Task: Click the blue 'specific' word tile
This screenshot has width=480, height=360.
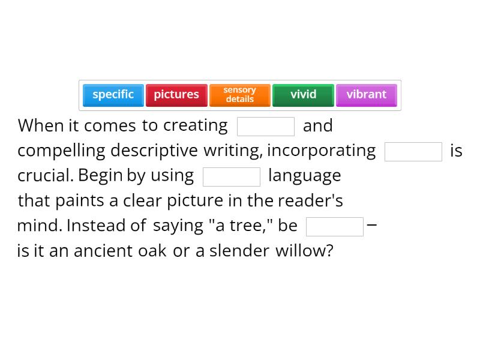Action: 113,95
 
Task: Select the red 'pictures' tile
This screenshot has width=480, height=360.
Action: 176,95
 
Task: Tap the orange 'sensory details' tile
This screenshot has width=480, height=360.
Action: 240,95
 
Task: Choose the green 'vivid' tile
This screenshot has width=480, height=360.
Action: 303,95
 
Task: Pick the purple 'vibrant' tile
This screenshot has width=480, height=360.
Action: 367,95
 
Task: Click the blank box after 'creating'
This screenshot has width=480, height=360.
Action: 266,127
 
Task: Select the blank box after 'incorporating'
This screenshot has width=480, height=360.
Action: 413,152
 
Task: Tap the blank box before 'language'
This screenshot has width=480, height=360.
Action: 232,177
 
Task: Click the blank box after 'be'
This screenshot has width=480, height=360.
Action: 335,227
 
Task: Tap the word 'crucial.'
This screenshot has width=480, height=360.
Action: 46,176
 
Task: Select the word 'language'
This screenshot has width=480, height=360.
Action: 304,176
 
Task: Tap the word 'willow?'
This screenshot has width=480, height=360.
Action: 304,250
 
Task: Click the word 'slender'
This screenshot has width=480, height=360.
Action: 239,250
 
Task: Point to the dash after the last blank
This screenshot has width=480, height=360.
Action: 372,226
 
